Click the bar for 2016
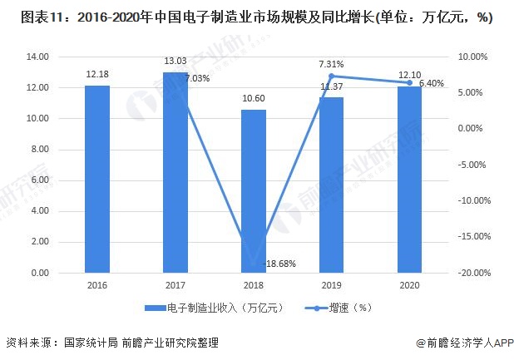[x=97, y=179]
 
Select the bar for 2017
[x=175, y=172]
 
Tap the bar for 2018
[x=254, y=191]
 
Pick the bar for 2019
[x=332, y=185]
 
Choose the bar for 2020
[x=409, y=180]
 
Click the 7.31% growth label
[x=331, y=63]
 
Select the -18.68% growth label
[x=280, y=264]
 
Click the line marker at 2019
[x=331, y=76]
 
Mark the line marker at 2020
[x=409, y=82]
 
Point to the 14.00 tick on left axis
[x=38, y=57]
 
